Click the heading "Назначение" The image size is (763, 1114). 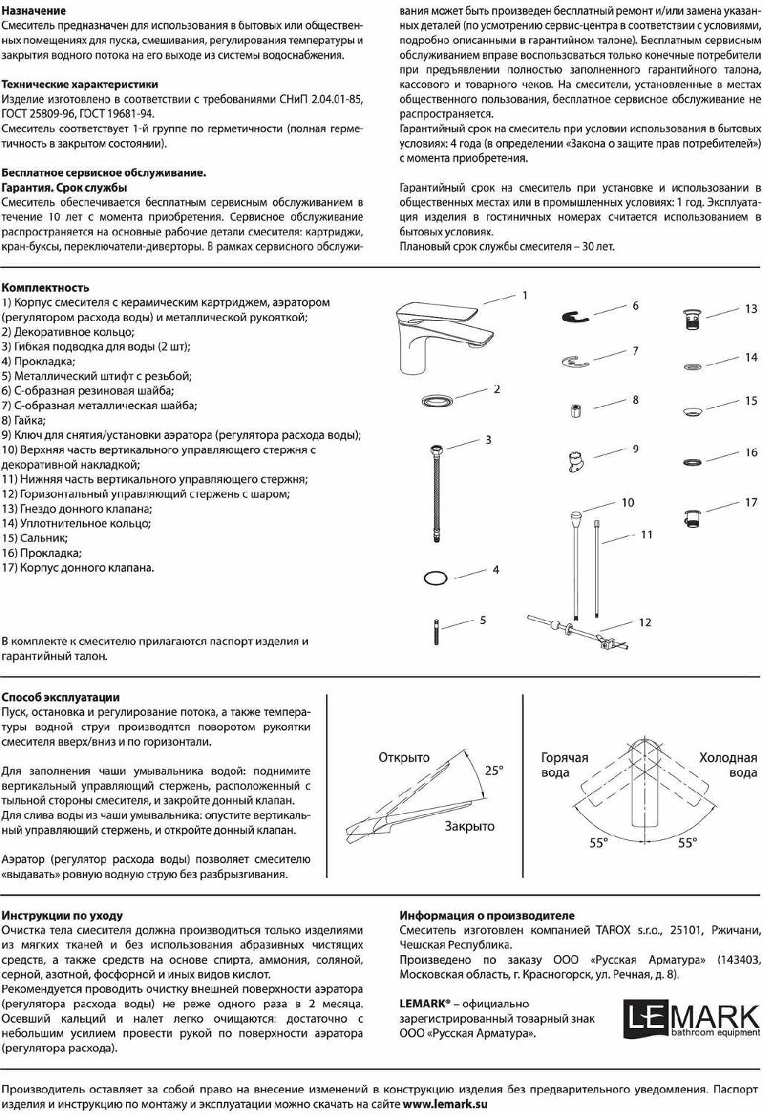click(x=33, y=11)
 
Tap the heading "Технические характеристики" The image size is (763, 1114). click(x=79, y=85)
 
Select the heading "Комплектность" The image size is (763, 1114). click(x=45, y=287)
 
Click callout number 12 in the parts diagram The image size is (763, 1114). click(x=644, y=622)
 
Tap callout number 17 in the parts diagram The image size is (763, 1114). click(x=751, y=503)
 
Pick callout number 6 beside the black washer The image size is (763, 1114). click(x=635, y=305)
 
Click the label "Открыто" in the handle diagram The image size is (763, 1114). click(x=404, y=758)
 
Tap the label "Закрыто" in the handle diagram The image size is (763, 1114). click(x=469, y=826)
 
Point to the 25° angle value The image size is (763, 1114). click(x=494, y=771)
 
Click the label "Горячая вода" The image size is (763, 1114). click(x=564, y=765)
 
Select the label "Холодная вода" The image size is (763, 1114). click(x=728, y=765)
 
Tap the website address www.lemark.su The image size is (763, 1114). click(x=445, y=1104)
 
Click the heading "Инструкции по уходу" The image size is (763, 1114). click(x=62, y=916)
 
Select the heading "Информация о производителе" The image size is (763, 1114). click(x=487, y=916)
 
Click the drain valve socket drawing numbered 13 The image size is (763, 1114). click(x=691, y=319)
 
